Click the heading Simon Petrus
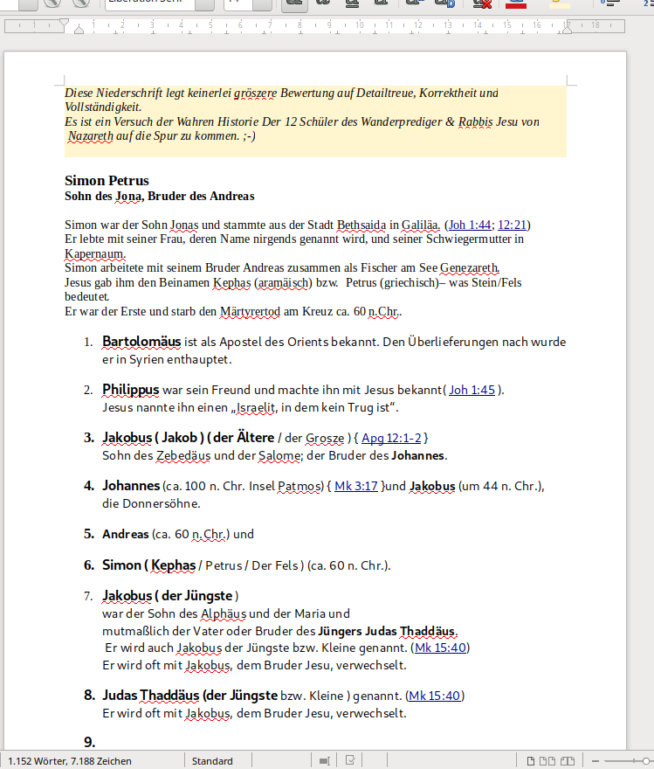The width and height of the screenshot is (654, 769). (107, 181)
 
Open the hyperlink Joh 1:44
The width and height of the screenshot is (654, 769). (470, 225)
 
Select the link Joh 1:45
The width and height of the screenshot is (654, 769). (472, 390)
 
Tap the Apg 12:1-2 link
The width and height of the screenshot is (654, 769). (391, 438)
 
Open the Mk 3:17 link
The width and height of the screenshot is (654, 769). (355, 486)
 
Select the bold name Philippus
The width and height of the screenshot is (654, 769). (130, 390)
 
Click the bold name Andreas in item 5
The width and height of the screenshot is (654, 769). (125, 534)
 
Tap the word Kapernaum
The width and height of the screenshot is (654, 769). (95, 253)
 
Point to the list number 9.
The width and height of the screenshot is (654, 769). (89, 743)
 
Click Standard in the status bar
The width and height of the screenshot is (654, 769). (212, 761)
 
